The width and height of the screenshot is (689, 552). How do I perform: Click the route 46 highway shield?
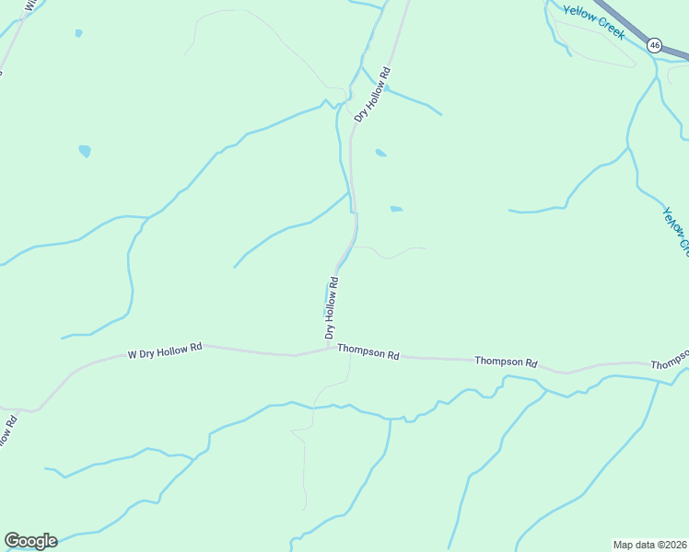(654, 44)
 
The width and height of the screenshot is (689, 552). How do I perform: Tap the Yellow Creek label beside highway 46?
(594, 20)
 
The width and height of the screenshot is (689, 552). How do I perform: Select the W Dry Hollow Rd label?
(164, 351)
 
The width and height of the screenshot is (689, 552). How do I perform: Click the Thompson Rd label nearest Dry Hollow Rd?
(368, 352)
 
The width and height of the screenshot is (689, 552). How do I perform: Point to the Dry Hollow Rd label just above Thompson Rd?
(332, 307)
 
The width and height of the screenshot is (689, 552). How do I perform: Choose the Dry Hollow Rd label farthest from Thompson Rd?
(373, 94)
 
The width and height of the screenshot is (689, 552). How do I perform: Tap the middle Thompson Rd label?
(506, 362)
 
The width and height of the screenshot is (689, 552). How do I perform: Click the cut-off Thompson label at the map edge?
(670, 362)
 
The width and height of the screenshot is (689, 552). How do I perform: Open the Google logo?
(30, 541)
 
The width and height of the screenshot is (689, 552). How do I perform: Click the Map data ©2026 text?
(649, 545)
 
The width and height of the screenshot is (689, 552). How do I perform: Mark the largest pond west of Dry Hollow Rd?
(85, 151)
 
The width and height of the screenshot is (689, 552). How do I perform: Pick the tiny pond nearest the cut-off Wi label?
(78, 33)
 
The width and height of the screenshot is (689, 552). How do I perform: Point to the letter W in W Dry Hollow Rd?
(132, 354)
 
